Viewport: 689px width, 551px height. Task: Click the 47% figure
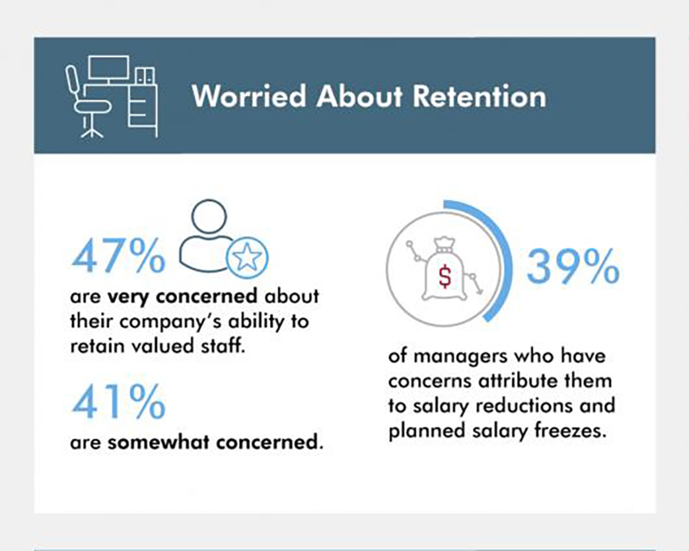point(118,256)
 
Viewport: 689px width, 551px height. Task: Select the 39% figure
point(573,266)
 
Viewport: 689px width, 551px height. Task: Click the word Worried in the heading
point(248,96)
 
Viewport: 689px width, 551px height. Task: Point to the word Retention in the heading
point(480,96)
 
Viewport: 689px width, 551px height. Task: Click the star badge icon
point(247,258)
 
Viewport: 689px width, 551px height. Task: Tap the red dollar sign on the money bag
point(445,276)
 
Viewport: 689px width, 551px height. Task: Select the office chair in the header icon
point(86,102)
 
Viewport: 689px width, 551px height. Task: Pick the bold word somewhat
point(158,442)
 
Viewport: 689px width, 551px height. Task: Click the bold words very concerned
point(182,296)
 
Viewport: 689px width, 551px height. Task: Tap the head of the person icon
point(209,217)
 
